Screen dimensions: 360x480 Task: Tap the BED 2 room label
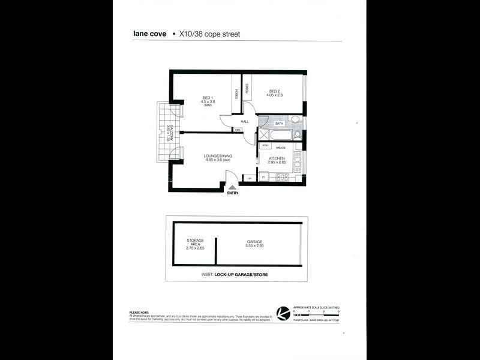click(275, 91)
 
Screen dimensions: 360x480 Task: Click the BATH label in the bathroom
click(278, 124)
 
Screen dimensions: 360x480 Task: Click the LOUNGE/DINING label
click(218, 156)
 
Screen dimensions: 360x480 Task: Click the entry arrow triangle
click(232, 188)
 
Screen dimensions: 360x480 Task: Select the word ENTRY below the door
click(232, 193)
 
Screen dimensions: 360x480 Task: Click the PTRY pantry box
click(265, 146)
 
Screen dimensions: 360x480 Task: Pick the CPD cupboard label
click(238, 130)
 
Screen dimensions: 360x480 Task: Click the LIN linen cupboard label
click(250, 178)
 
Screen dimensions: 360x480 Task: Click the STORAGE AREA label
click(196, 242)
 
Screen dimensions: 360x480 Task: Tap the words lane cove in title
click(149, 34)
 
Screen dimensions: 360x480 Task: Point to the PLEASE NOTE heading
click(140, 312)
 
